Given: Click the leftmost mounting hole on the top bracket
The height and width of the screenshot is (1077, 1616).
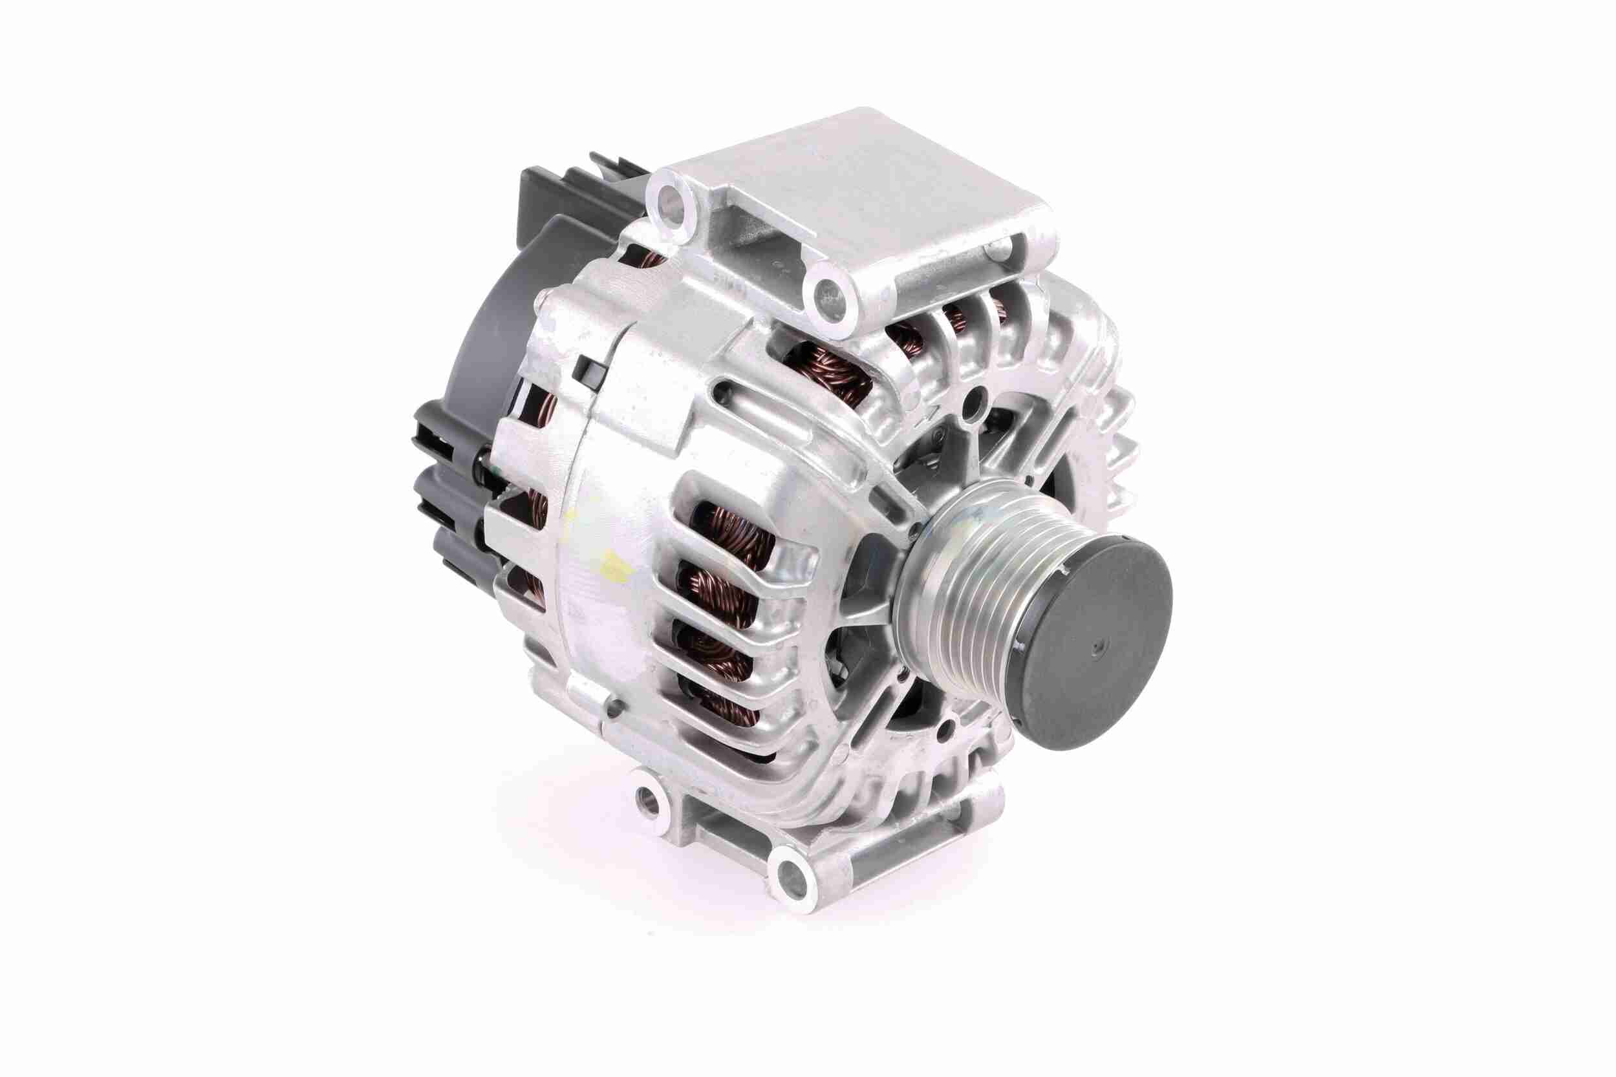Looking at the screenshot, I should pyautogui.click(x=669, y=200).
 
